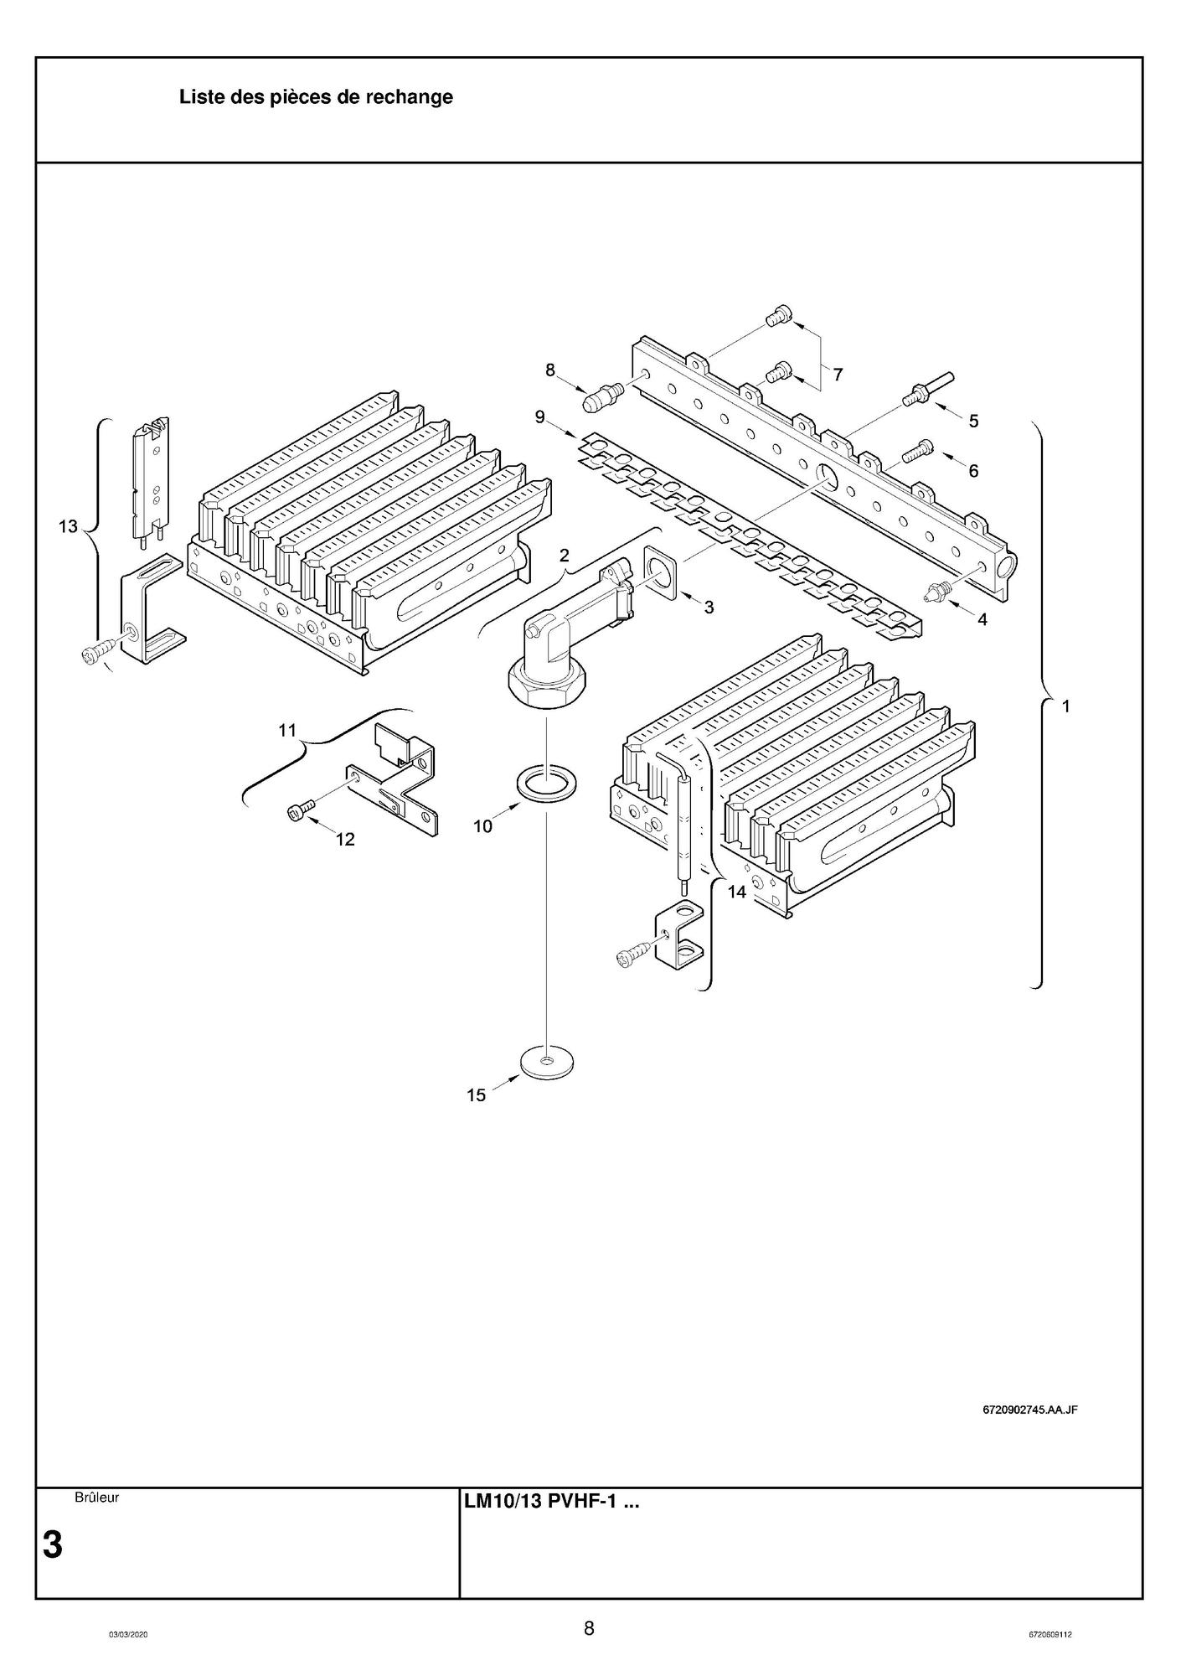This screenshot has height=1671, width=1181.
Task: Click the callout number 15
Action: pyautogui.click(x=476, y=1095)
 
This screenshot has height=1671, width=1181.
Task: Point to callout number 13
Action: pyautogui.click(x=68, y=526)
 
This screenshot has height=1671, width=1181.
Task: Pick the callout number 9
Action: pyautogui.click(x=540, y=416)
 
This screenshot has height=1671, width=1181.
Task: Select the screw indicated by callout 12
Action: pyautogui.click(x=301, y=810)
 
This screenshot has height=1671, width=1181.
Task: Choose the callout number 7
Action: pyautogui.click(x=837, y=374)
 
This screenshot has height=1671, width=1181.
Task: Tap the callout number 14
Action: pyautogui.click(x=736, y=892)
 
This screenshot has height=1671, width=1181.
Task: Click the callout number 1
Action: pyautogui.click(x=1066, y=706)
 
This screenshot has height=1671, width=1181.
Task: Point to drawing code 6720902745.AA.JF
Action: pyautogui.click(x=1029, y=1409)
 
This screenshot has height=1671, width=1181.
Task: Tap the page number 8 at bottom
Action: pyautogui.click(x=589, y=1628)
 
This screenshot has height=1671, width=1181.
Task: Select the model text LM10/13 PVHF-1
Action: pyautogui.click(x=551, y=1503)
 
